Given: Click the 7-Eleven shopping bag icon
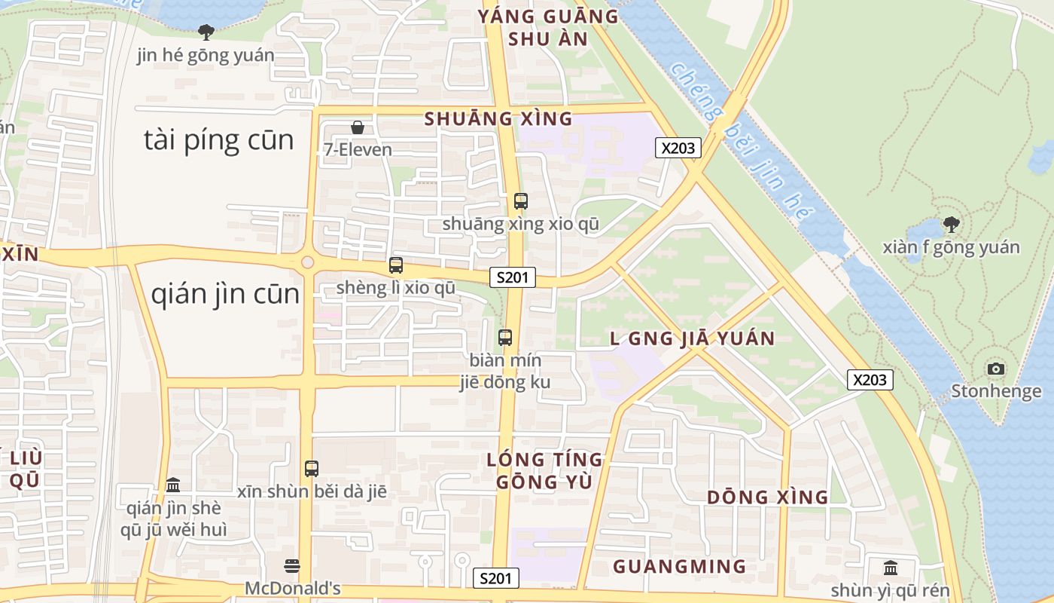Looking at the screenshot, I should click(358, 127).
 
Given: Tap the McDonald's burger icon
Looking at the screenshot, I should click(292, 565).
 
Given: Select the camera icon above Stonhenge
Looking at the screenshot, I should click(996, 369).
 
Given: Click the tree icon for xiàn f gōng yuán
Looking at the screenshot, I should click(952, 224).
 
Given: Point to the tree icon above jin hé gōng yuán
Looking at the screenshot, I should click(206, 32).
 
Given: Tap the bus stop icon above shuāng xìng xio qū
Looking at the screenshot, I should click(521, 200).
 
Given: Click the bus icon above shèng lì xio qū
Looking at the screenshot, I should click(396, 265).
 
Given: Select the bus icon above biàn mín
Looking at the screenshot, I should click(505, 337).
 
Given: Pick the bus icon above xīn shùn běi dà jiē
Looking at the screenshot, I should click(312, 468).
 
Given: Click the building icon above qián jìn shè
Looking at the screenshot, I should click(173, 484).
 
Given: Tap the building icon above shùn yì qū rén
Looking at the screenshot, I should click(891, 567).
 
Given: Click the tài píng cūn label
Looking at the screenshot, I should click(218, 141).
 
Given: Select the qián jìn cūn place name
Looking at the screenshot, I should click(225, 295).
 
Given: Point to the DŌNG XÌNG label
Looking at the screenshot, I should click(767, 497).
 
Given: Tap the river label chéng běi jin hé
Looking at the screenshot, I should click(742, 143).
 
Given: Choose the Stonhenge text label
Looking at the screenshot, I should click(996, 391).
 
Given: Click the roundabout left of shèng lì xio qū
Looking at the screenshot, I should click(307, 262).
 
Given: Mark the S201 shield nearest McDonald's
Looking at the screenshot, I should click(496, 578).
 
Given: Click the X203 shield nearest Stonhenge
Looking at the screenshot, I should click(870, 380).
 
